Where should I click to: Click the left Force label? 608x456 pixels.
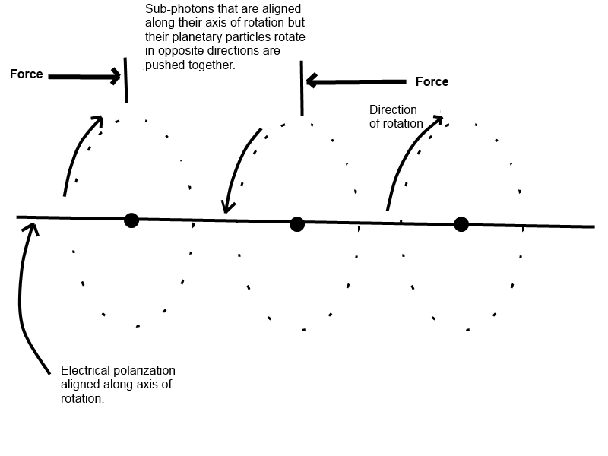point(27,74)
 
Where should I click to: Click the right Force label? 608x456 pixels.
point(432,81)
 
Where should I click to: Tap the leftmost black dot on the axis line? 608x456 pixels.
point(131,220)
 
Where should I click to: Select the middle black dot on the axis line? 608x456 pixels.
point(297,224)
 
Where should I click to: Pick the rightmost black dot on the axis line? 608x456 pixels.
point(461,224)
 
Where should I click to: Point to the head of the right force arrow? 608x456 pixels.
point(312,81)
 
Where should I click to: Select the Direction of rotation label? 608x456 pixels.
point(396,116)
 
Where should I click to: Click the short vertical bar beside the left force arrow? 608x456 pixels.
point(125,81)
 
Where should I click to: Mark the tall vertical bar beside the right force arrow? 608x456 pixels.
point(302,88)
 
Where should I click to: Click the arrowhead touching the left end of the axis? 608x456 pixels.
point(33,229)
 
